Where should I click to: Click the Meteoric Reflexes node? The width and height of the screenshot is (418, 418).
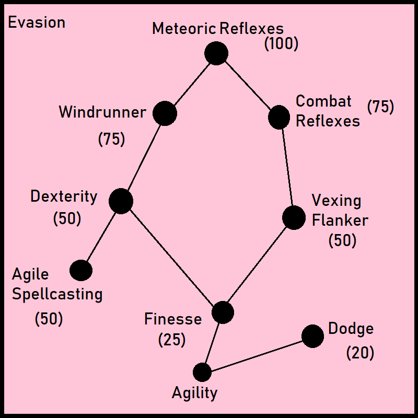pos(216,53)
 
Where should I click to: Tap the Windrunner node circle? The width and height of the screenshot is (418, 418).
pos(165,113)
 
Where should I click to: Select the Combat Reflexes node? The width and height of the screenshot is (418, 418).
pos(279,117)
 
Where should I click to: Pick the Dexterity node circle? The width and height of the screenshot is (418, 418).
pos(121,201)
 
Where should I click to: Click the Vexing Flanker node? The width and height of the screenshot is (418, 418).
pos(294,217)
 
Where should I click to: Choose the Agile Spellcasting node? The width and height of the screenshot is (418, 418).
pos(81,270)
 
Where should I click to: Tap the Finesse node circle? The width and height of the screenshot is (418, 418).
pos(223,312)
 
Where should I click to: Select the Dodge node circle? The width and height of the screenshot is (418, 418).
pos(312,336)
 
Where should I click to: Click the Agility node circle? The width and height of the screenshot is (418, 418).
pos(202,372)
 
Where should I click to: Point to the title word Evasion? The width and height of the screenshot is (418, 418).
pos(37,22)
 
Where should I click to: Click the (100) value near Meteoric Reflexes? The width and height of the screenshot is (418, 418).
pos(281,44)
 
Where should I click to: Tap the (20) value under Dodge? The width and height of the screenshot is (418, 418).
pos(360,353)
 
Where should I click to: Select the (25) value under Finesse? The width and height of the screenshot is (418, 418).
pos(172,340)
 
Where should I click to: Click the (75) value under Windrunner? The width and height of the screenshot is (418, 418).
pos(111,140)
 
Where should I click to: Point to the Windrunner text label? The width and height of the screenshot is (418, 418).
pos(102,112)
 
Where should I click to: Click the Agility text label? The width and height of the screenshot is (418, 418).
pos(194,393)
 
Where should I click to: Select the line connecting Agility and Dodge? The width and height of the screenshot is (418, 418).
pos(257,354)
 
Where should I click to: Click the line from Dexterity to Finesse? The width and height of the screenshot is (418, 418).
pos(171,257)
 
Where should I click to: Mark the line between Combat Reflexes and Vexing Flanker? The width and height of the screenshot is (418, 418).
pos(286,167)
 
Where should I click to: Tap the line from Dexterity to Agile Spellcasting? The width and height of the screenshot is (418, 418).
pos(101,236)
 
